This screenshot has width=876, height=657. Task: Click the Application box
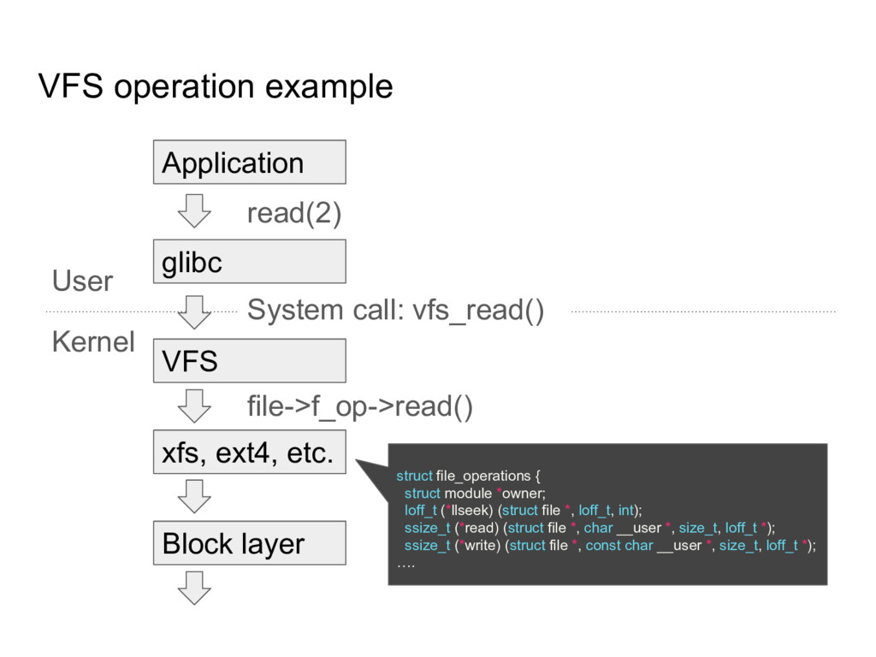[249, 163]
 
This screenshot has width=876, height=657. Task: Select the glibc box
[249, 262]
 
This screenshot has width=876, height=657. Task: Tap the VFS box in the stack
[249, 361]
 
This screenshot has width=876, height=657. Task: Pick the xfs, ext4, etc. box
[249, 453]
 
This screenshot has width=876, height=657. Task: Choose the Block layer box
[249, 543]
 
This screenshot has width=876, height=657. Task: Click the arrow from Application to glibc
[197, 210]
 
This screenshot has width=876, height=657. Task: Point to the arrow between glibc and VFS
[197, 311]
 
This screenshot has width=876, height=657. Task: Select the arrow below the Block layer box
[197, 587]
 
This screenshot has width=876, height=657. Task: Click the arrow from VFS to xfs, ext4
[197, 405]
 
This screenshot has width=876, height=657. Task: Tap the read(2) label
[293, 214]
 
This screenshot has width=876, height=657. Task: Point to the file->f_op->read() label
[358, 408]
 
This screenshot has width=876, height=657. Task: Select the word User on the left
[82, 281]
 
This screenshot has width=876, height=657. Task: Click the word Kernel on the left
[93, 342]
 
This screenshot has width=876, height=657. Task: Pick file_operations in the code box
[482, 476]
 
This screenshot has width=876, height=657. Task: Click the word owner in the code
[522, 494]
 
